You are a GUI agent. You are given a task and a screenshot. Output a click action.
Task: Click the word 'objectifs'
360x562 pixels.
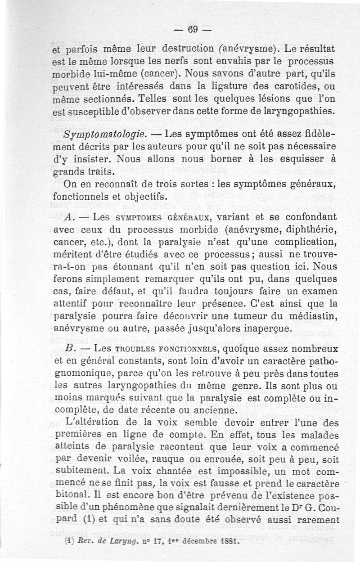tap(144, 196)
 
